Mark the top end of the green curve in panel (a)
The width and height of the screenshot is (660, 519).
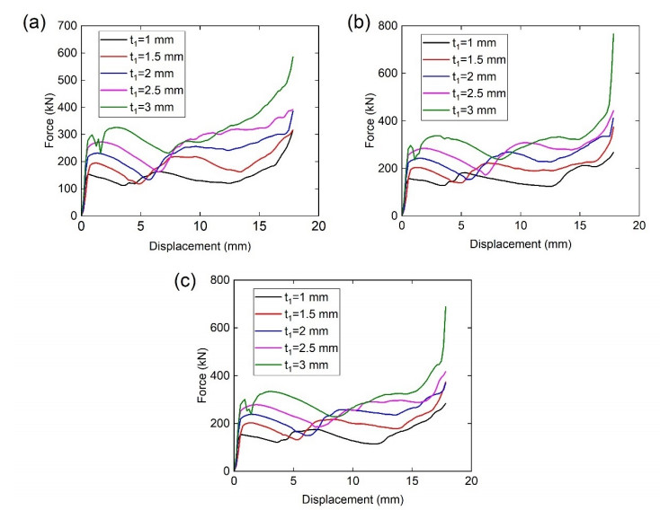point(293,57)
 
